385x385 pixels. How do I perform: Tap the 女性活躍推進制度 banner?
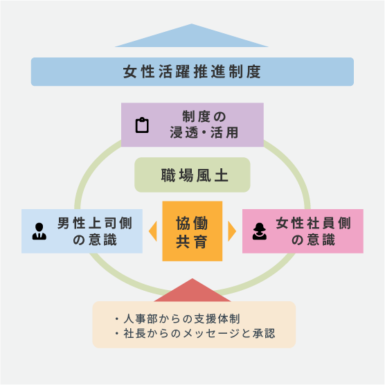click(x=192, y=72)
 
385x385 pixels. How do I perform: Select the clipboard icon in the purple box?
click(x=142, y=125)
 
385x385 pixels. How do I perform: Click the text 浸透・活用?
click(x=204, y=132)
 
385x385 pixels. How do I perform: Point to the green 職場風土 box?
click(x=192, y=174)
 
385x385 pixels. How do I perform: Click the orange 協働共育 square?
click(x=192, y=231)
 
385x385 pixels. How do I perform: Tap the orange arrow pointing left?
click(x=153, y=231)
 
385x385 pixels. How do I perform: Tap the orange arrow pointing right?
click(x=232, y=231)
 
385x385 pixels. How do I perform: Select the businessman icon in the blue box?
click(x=39, y=231)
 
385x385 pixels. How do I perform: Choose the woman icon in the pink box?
click(x=259, y=231)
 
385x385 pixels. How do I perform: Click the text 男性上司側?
click(x=95, y=223)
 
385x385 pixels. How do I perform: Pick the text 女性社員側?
click(x=313, y=223)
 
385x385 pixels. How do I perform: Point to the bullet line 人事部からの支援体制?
click(x=177, y=319)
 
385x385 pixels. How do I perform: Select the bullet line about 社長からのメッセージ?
click(x=195, y=334)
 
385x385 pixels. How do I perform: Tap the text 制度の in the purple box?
click(x=204, y=116)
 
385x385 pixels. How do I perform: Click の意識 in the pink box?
click(x=313, y=240)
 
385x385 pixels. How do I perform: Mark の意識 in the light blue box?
click(x=95, y=240)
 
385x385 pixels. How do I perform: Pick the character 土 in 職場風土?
click(x=222, y=175)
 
